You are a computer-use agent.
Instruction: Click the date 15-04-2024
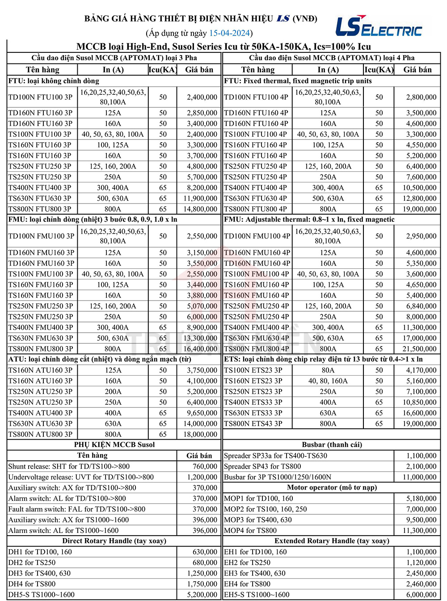click(x=230, y=33)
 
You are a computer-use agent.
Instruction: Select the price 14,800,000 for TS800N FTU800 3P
click(x=200, y=209)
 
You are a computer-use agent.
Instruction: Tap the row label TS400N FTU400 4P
click(x=256, y=188)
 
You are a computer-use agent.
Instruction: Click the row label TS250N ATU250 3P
click(x=40, y=402)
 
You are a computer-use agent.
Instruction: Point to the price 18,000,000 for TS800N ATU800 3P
click(x=200, y=434)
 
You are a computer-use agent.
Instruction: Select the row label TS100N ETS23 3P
click(x=253, y=370)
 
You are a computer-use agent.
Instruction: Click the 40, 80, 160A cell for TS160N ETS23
click(x=328, y=381)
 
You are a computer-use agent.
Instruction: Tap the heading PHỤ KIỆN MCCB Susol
click(x=114, y=444)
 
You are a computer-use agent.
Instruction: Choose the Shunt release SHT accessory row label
click(x=69, y=466)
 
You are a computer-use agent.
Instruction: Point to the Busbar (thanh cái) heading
click(x=332, y=444)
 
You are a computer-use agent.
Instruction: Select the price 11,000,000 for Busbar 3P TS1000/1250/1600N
click(x=419, y=477)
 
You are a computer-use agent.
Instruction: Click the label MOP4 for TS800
click(x=250, y=530)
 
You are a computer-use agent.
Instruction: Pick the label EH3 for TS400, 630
click(x=253, y=573)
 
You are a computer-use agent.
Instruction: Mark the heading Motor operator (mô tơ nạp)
click(x=332, y=487)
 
